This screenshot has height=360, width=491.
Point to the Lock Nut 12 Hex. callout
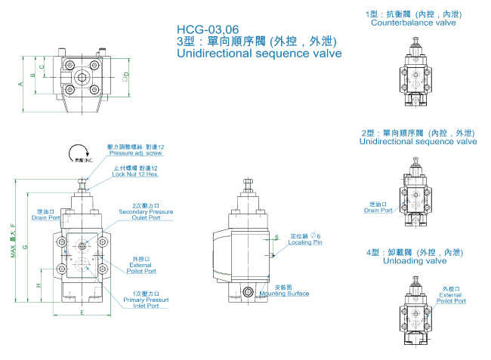pyautogui.click(x=136, y=174)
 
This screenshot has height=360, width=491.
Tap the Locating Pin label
pyautogui.click(x=306, y=242)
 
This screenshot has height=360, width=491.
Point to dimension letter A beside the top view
pyautogui.click(x=20, y=85)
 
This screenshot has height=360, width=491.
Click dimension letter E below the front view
pyautogui.click(x=82, y=312)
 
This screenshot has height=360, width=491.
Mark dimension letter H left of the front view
pyautogui.click(x=38, y=285)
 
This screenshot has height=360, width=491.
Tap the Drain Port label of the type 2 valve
pyautogui.click(x=378, y=208)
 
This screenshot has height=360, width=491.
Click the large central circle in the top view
pyautogui.click(x=82, y=75)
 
